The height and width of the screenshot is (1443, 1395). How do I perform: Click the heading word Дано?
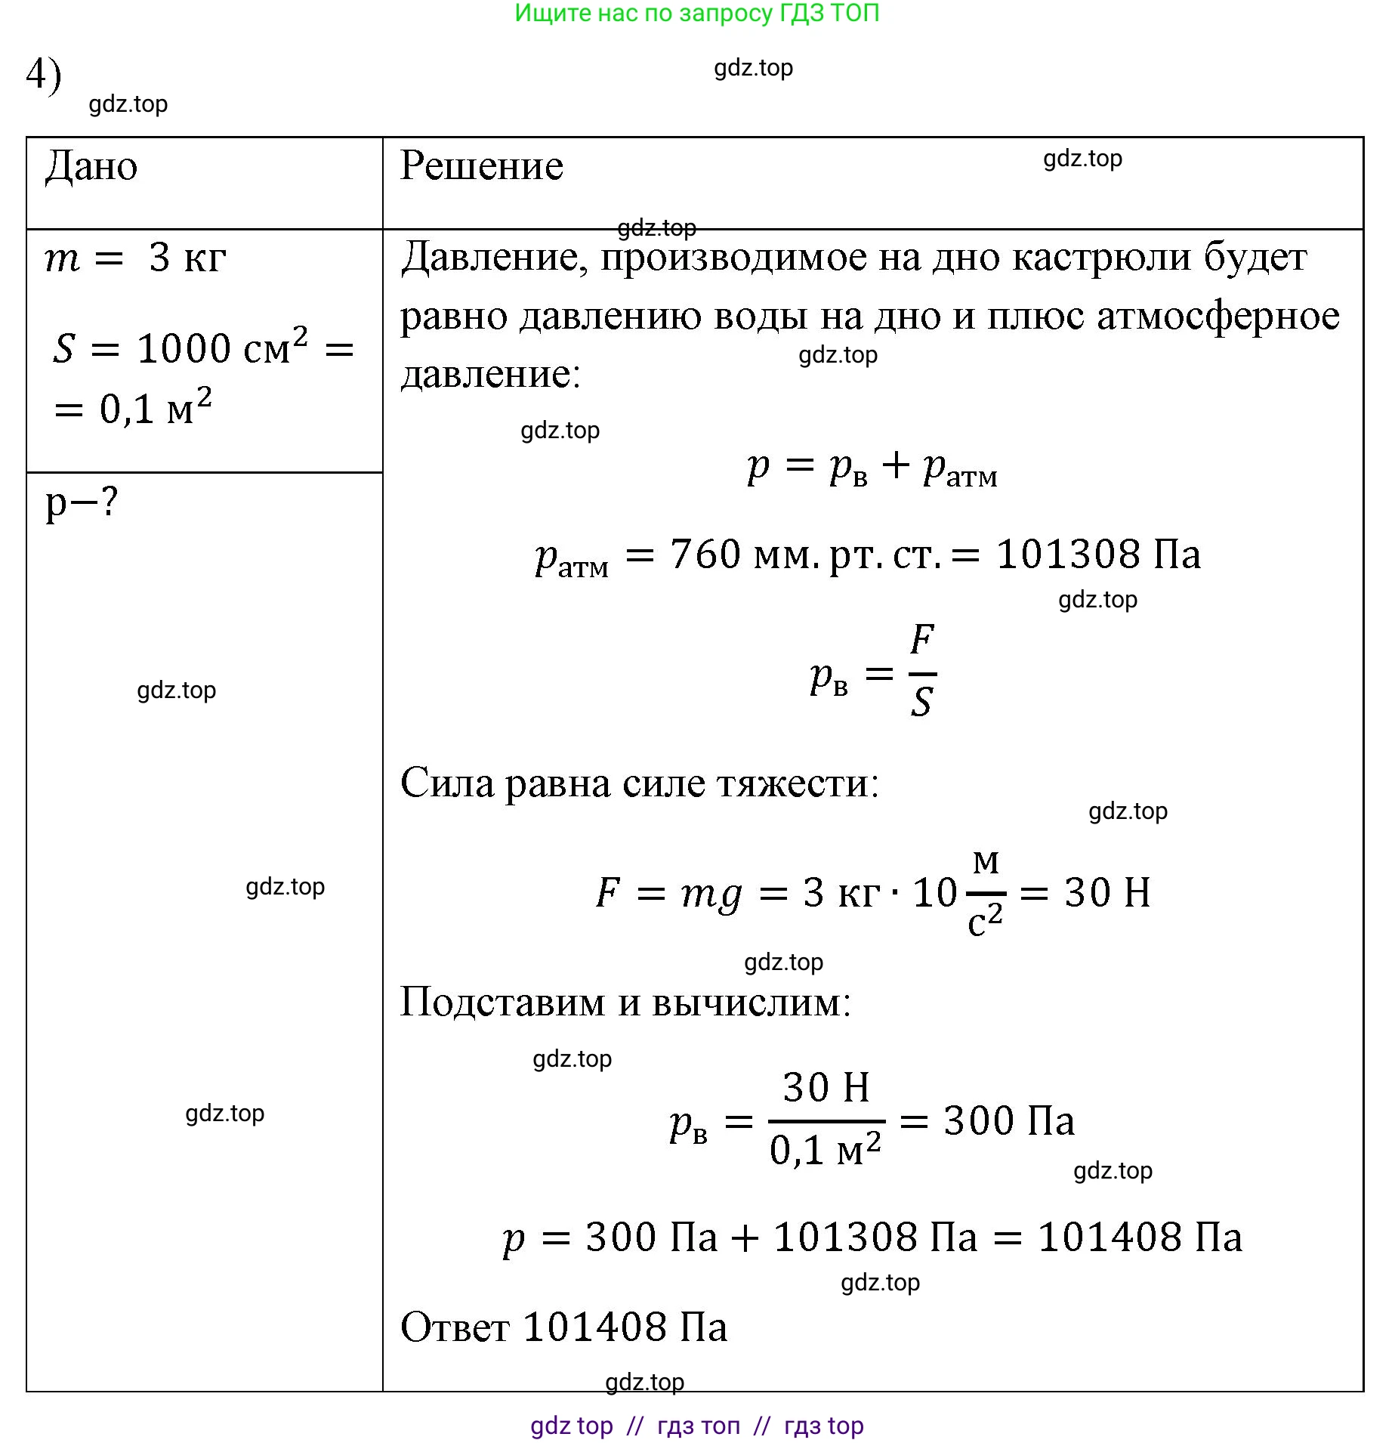point(91,166)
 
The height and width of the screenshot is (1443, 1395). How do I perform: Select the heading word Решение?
point(481,165)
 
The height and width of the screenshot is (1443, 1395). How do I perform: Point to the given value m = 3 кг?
point(135,258)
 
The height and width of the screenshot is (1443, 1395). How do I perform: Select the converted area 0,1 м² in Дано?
point(155,408)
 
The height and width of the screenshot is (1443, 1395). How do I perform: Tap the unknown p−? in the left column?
point(82,502)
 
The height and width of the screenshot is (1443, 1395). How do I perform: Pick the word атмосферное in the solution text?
point(1218,316)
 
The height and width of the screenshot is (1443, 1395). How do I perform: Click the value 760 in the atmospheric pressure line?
point(705,554)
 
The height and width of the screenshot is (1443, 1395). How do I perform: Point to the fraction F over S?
point(921,671)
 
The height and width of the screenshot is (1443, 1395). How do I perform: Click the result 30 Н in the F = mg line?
point(1107,892)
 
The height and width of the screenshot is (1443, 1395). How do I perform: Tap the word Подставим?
point(502,1003)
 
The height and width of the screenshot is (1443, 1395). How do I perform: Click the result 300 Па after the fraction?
point(1008,1120)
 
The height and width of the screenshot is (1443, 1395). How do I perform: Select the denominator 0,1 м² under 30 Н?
point(825,1150)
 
